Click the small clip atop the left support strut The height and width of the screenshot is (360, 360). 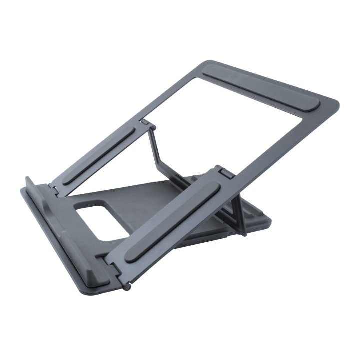144,121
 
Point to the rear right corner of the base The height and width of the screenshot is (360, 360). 270,220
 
